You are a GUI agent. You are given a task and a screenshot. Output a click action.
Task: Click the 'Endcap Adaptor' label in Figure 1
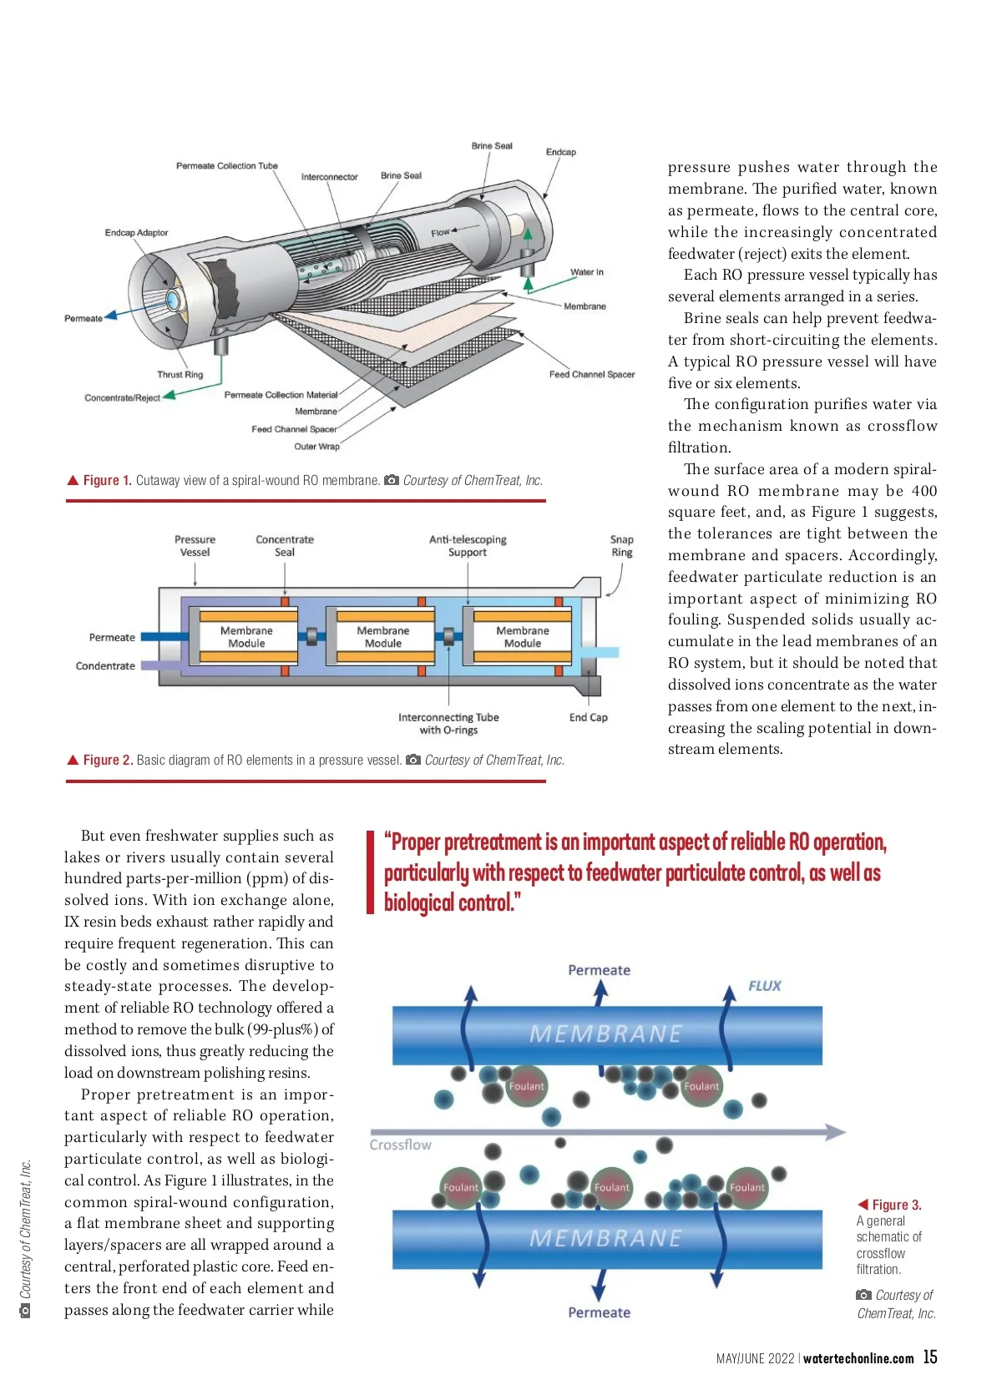coord(136,233)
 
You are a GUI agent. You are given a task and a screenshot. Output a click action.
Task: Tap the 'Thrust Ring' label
coord(180,375)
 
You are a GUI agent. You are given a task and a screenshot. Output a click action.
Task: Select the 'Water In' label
coord(587,272)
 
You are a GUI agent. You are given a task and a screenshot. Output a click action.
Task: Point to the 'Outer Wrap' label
coord(316,447)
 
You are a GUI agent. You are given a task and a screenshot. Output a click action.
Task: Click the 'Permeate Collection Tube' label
coord(226,165)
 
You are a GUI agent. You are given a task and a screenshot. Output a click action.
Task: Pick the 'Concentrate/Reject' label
coord(122,397)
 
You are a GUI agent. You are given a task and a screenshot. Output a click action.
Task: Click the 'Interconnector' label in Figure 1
coord(329,177)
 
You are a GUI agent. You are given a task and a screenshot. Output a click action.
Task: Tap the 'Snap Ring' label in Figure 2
coord(621,546)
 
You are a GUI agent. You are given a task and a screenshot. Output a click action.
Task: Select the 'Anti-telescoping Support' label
coord(468,546)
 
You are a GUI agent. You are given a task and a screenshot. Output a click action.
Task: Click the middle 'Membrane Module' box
coord(383,637)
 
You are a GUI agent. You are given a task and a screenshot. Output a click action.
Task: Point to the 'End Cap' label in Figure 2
coord(588,717)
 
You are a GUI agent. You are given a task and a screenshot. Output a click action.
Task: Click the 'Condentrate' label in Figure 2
coord(105,666)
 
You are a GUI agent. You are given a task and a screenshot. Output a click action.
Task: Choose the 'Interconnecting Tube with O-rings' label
coord(448,724)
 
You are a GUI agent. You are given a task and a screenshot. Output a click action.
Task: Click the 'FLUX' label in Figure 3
coord(764,986)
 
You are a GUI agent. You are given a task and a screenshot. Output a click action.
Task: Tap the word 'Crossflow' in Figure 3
coord(401,1145)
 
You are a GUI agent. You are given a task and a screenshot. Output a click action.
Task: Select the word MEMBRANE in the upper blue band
coord(605,1034)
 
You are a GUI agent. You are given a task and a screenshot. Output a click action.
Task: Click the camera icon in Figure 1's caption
coord(391,480)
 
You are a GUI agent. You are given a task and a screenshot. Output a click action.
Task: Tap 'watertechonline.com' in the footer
coord(858,1358)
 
